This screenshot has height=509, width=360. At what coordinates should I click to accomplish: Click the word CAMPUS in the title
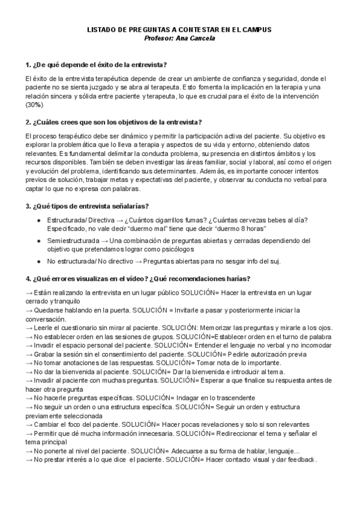[x=258, y=29]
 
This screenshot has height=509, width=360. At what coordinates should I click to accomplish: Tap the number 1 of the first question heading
[x=28, y=65]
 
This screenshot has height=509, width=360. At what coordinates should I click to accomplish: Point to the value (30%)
[x=34, y=104]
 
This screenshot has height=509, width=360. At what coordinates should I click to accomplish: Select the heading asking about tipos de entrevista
[x=87, y=206]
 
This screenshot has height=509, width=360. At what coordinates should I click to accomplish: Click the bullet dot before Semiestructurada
[x=39, y=241]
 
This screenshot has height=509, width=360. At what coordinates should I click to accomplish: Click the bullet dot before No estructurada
[x=39, y=261]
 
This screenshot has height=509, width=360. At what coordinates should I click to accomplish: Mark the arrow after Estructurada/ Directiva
[x=119, y=220]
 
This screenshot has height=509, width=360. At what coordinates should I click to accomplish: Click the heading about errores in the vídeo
[x=138, y=279]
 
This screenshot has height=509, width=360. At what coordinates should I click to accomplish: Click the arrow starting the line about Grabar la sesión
[x=29, y=354]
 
